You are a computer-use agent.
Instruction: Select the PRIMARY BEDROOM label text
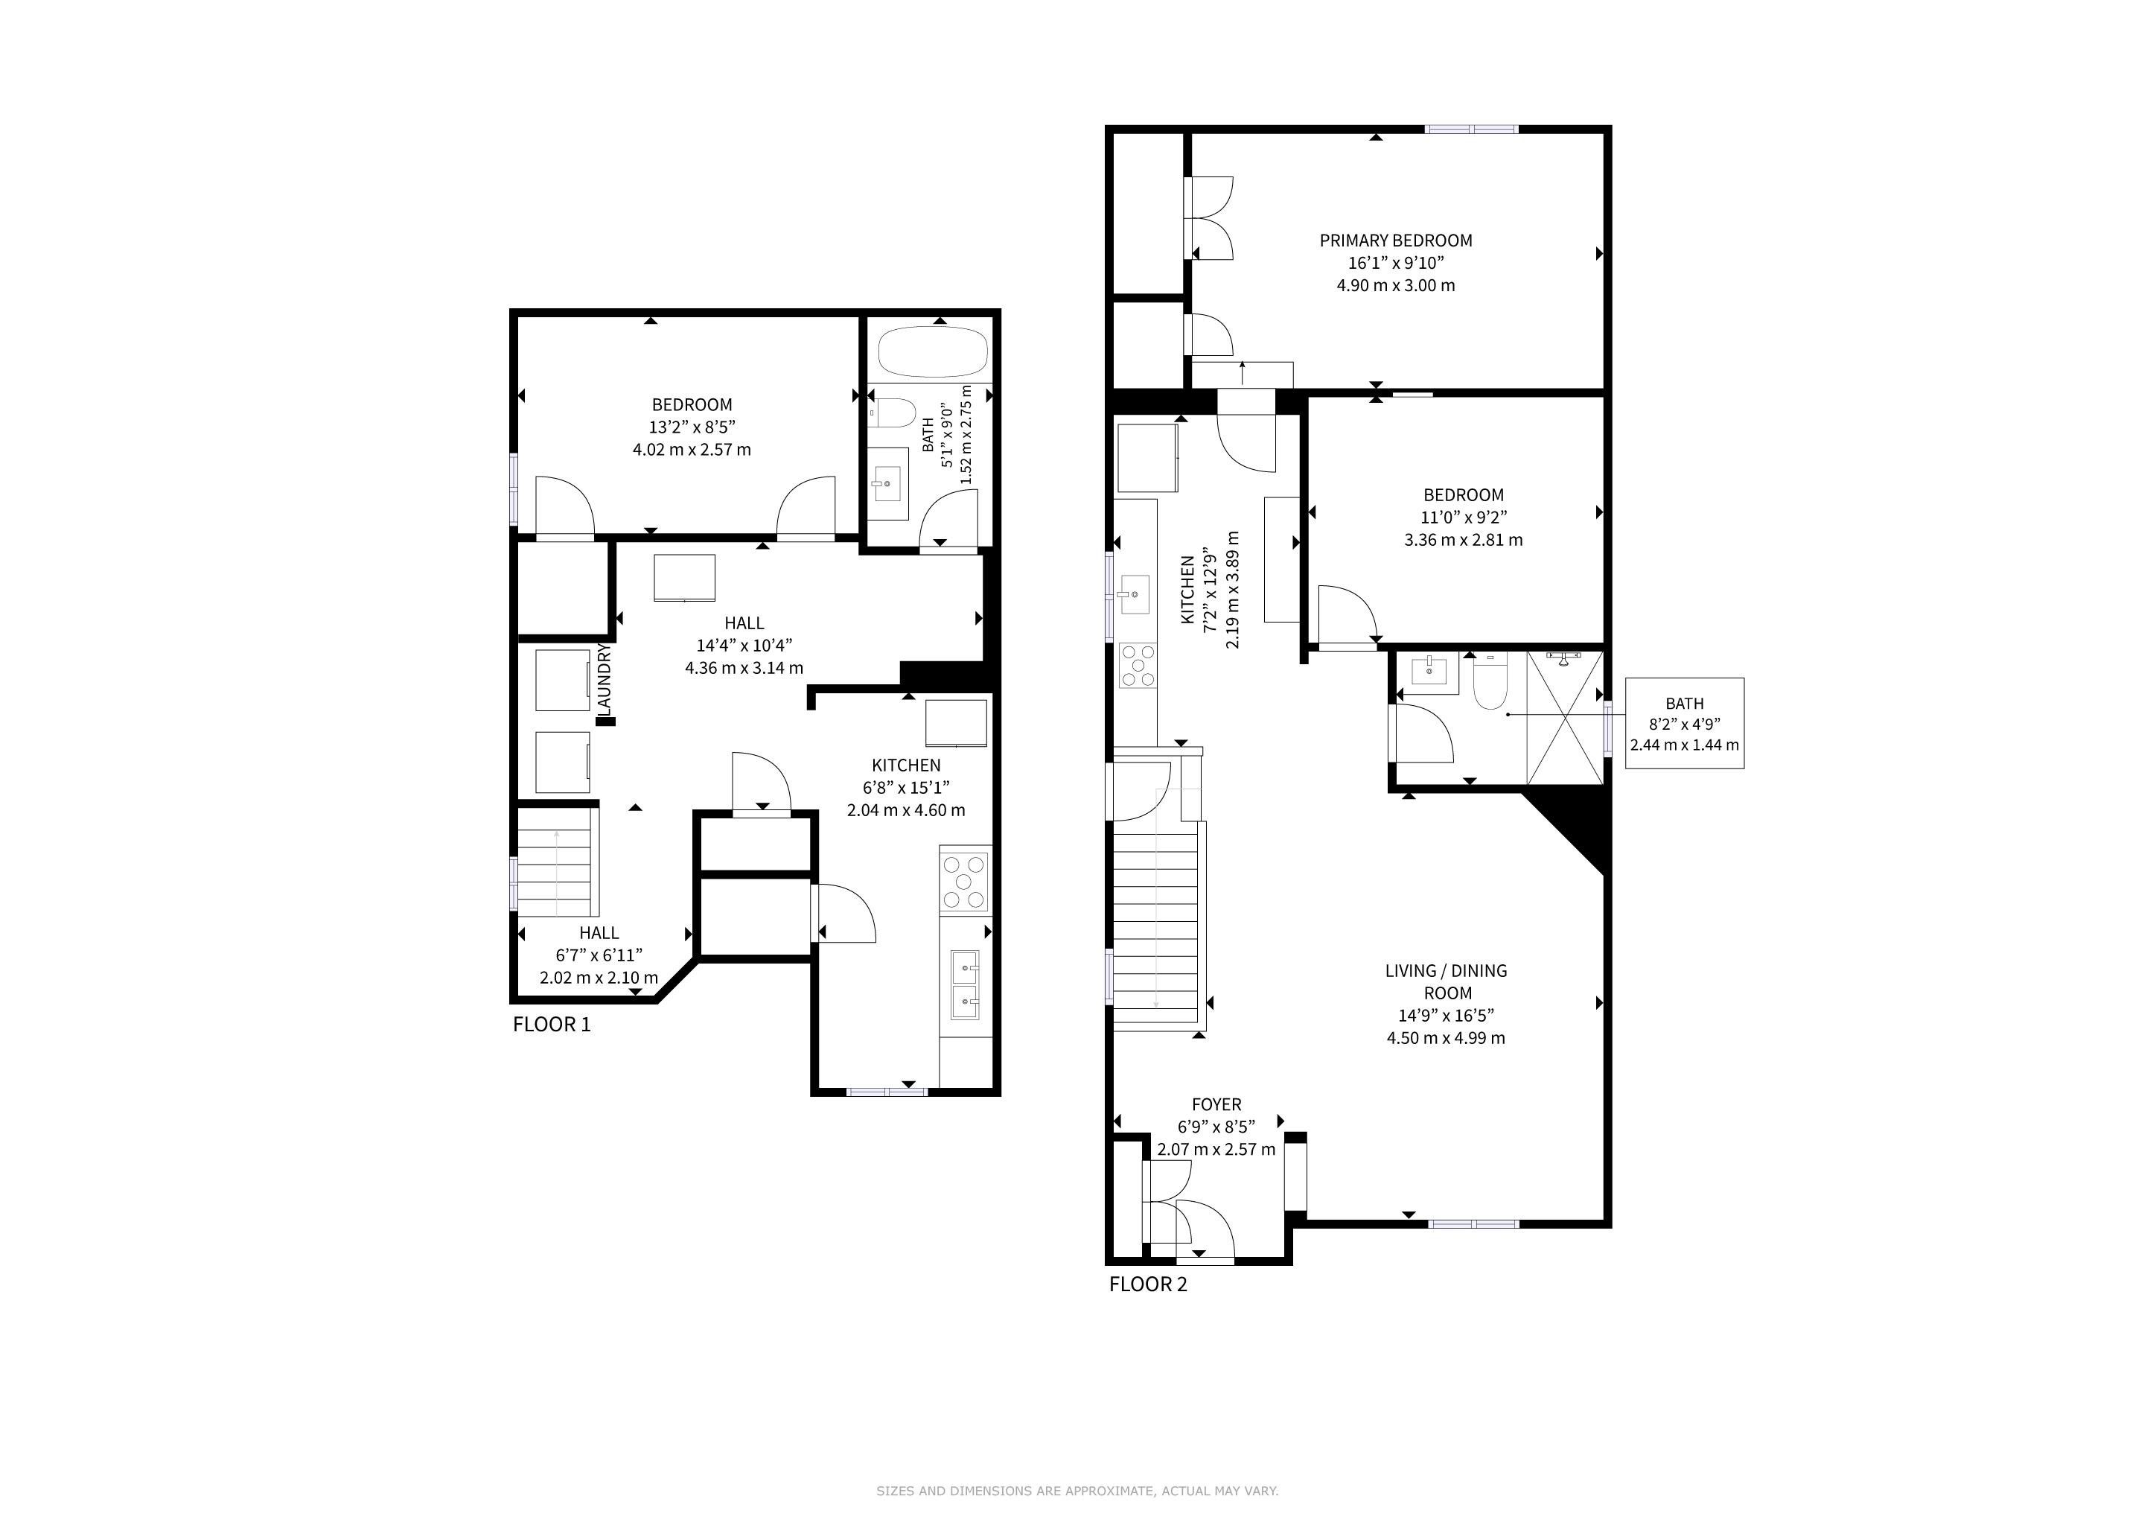1395,241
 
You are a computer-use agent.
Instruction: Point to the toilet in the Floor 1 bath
892,413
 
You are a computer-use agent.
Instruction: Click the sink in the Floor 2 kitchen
1133,594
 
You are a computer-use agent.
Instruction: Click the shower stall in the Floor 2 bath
1564,717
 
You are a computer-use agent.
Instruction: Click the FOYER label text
1216,1105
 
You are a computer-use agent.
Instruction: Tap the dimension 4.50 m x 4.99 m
1446,1037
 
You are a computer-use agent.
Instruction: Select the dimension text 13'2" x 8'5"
692,427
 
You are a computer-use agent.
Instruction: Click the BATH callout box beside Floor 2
1685,723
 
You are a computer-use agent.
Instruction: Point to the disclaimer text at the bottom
1077,1490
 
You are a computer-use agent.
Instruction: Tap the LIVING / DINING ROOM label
1446,981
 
